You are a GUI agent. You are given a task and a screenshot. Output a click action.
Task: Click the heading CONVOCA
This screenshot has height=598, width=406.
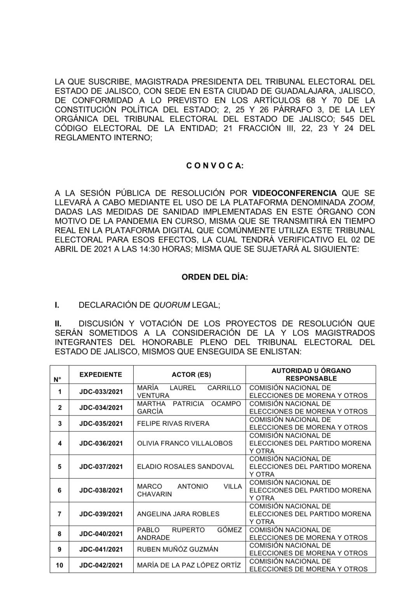[215, 166]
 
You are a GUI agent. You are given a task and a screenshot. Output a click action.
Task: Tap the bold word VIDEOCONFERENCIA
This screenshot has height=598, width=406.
[294, 193]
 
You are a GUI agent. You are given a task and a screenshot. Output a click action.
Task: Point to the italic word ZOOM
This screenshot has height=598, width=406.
[361, 202]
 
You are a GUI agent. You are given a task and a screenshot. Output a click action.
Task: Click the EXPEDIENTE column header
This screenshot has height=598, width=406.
[101, 374]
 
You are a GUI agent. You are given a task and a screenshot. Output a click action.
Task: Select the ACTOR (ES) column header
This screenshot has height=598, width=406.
[189, 374]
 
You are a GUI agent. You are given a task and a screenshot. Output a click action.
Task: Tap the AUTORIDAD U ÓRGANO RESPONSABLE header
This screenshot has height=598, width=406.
[311, 374]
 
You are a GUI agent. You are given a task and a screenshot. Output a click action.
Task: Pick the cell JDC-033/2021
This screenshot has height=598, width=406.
[101, 391]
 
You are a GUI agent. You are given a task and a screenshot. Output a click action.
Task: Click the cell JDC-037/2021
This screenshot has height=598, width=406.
[101, 466]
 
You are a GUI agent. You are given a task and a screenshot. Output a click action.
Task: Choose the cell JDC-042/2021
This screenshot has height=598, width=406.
[101, 565]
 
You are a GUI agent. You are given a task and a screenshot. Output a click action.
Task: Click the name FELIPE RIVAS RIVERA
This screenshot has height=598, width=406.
[173, 423]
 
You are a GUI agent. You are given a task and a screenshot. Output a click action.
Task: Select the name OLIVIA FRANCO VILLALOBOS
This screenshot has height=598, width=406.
[185, 443]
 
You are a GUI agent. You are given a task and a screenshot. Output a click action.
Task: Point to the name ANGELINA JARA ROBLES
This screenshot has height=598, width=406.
[178, 514]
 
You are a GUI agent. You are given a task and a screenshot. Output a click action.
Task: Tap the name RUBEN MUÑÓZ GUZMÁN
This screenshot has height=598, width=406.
[178, 549]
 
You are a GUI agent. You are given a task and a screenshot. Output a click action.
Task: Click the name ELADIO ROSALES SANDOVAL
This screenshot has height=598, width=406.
[186, 466]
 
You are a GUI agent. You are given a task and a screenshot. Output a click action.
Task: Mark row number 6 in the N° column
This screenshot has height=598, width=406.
[59, 490]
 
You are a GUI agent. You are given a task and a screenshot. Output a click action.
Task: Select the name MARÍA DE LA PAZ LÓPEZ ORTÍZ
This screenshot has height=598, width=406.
[189, 565]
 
